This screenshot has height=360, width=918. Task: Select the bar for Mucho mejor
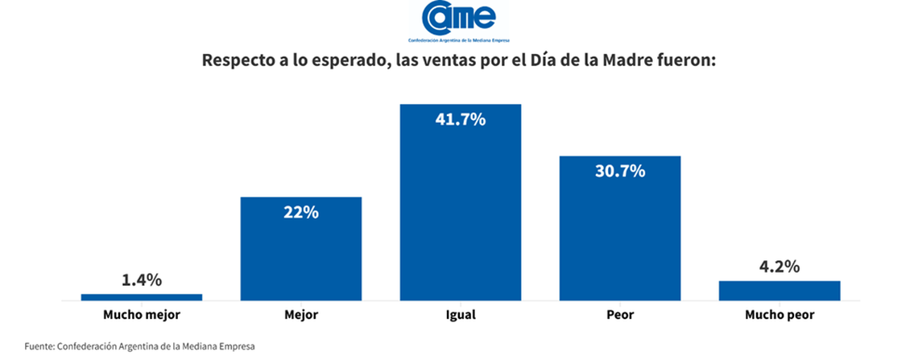(142, 297)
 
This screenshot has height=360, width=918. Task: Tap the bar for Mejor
(301, 249)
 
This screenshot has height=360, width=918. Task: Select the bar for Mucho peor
(779, 291)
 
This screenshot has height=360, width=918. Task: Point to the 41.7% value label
(461, 120)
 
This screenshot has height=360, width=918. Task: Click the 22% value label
(301, 213)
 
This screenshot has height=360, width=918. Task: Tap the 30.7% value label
(620, 171)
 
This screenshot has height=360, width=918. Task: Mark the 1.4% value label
(142, 280)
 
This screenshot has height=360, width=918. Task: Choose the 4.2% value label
(779, 267)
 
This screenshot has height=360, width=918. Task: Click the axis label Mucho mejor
(142, 315)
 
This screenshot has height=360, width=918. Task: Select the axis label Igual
(461, 315)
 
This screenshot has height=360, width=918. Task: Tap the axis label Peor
(620, 315)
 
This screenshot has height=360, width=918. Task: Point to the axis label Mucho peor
(779, 315)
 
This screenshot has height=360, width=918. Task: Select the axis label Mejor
(301, 315)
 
